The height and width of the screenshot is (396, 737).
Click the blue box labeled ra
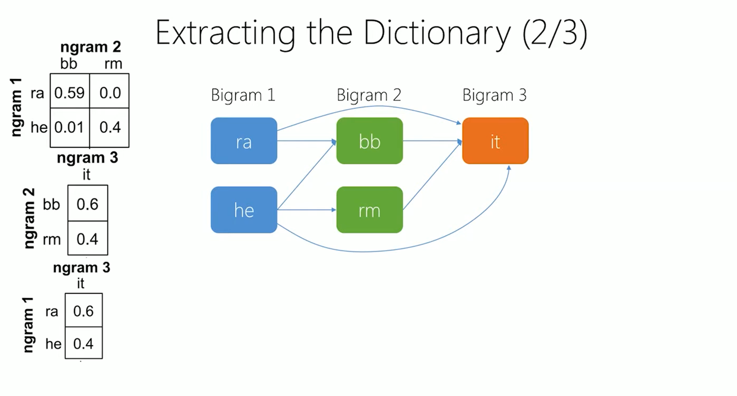click(x=244, y=140)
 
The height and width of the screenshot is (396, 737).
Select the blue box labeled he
click(x=244, y=210)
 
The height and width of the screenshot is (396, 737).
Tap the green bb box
click(x=370, y=140)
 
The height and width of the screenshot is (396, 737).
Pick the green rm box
click(x=370, y=210)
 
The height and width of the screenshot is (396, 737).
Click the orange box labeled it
click(x=495, y=140)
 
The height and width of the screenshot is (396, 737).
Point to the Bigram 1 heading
click(x=243, y=95)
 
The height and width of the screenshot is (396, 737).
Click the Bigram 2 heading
click(x=369, y=95)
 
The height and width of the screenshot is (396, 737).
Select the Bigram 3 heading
click(x=495, y=95)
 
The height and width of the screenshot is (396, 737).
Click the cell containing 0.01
click(x=70, y=127)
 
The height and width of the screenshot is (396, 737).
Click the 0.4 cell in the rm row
click(x=88, y=238)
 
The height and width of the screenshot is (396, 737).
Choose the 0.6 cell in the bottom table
click(x=84, y=310)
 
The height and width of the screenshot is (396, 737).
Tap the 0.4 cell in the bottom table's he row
click(x=84, y=343)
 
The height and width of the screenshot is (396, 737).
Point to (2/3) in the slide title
click(x=555, y=33)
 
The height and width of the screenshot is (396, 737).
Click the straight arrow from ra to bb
click(x=307, y=141)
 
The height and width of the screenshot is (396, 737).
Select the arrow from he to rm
click(x=307, y=210)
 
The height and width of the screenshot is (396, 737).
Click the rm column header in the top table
click(x=113, y=64)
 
